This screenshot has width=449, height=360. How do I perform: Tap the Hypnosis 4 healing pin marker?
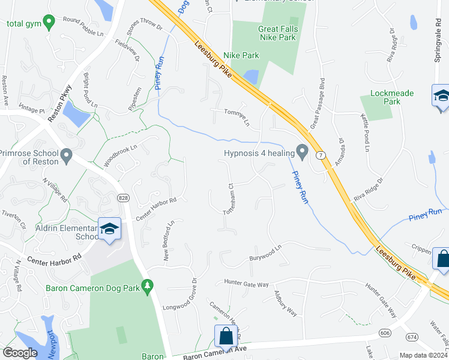[303, 151]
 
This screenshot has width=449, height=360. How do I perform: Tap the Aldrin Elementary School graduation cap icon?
[109, 229]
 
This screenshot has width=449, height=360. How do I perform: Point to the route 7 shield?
[321, 155]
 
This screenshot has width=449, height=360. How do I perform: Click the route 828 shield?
[123, 198]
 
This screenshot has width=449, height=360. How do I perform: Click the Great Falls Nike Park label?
[277, 33]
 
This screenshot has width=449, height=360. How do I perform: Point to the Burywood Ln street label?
[266, 253]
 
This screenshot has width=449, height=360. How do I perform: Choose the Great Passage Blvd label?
[318, 103]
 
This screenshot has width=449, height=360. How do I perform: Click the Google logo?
[20, 353]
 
